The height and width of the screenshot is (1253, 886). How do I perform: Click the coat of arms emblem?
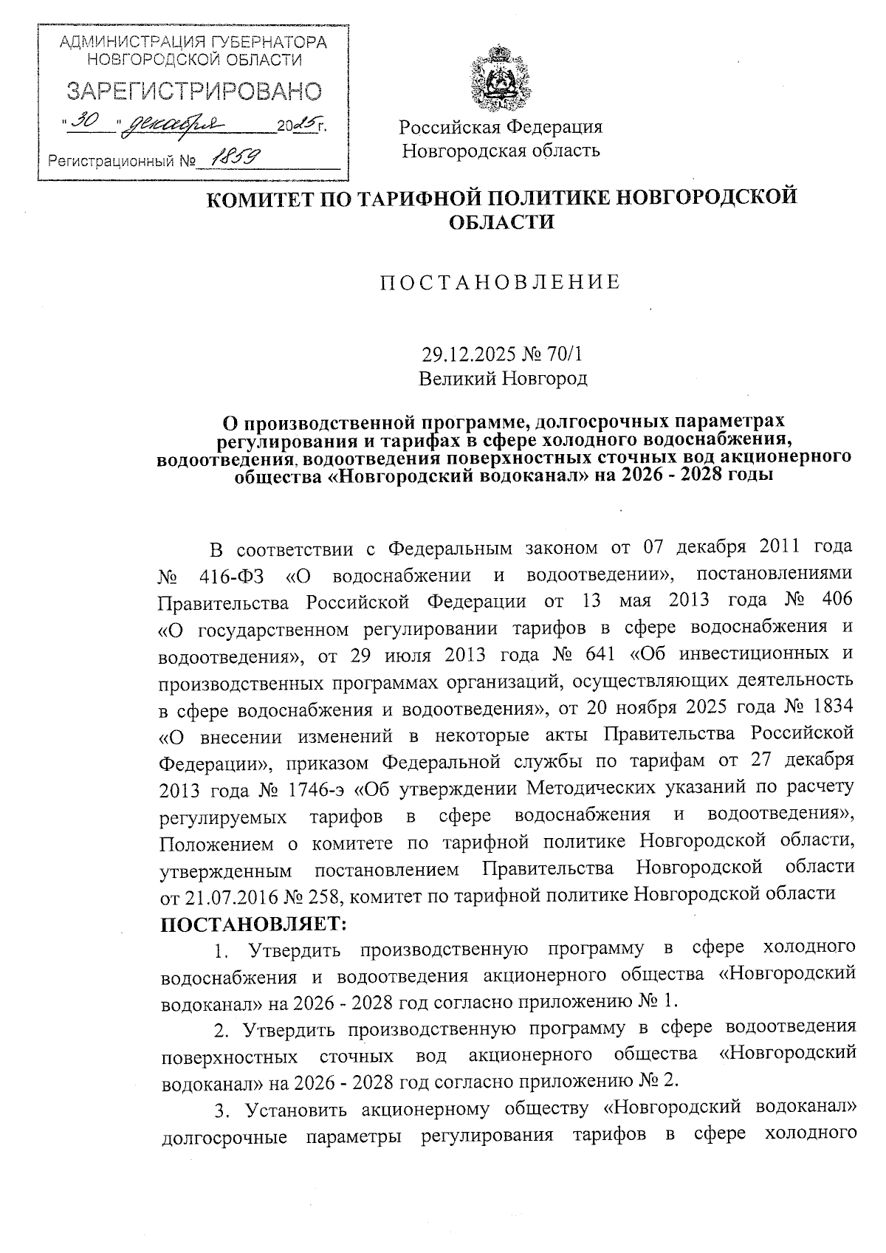click(500, 78)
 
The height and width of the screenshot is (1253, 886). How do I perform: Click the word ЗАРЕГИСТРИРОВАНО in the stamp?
click(194, 92)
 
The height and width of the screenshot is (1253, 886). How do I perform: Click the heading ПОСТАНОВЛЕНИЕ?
click(500, 282)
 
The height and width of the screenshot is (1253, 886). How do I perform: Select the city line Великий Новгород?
click(503, 379)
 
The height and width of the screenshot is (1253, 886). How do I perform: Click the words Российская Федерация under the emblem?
click(501, 127)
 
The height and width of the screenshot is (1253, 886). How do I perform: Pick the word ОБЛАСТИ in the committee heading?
click(501, 221)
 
